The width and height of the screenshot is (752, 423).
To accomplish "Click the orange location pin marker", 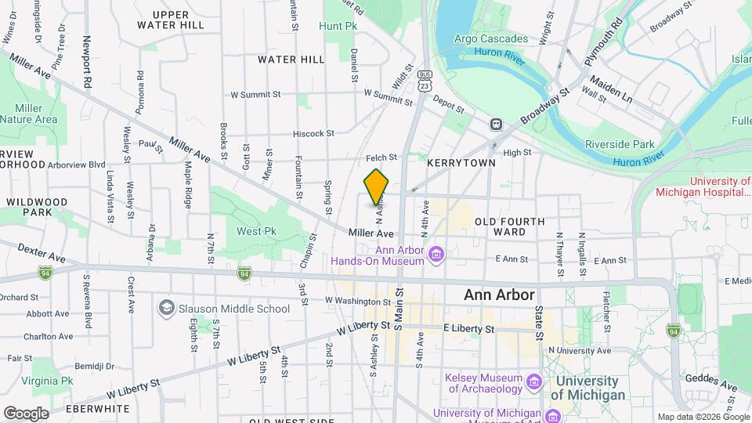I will pos(377,186).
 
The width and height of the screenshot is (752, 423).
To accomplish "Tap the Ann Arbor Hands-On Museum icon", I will pos(437,254).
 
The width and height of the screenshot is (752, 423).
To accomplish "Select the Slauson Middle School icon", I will pos(166,308).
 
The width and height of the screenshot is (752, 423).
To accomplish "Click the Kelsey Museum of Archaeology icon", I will pos(535,381).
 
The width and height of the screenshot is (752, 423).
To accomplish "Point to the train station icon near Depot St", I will pos(496,124).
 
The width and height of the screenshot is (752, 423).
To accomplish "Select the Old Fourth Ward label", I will pos(510,226).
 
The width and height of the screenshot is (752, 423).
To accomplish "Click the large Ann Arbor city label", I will pos(499,295).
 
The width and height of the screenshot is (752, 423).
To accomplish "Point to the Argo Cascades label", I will pos(486,39).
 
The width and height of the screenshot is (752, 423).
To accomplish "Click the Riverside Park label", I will pos(620,144).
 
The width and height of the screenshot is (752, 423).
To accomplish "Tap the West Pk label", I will pos(257,232).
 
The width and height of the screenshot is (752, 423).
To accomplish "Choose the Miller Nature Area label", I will pos(28,114).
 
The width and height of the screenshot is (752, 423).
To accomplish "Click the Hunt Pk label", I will pos(338,26).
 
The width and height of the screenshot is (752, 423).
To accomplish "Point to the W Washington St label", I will pos(357,300).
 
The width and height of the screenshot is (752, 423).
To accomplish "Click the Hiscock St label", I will pos(313,134).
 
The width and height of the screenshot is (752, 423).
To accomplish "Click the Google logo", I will pos(26,413).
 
